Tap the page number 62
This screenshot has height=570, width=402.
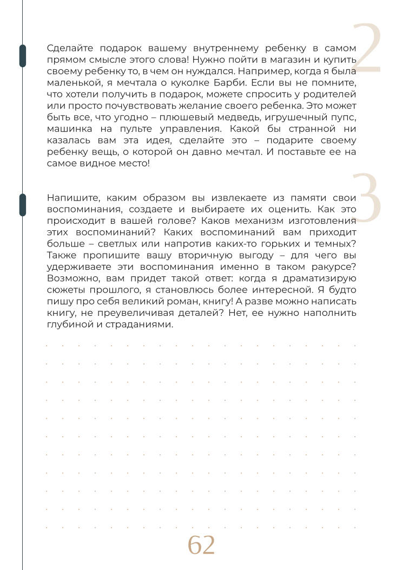click(x=201, y=545)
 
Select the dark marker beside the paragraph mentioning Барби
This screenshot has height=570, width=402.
click(x=22, y=55)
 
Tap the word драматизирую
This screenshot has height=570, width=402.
click(x=319, y=278)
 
